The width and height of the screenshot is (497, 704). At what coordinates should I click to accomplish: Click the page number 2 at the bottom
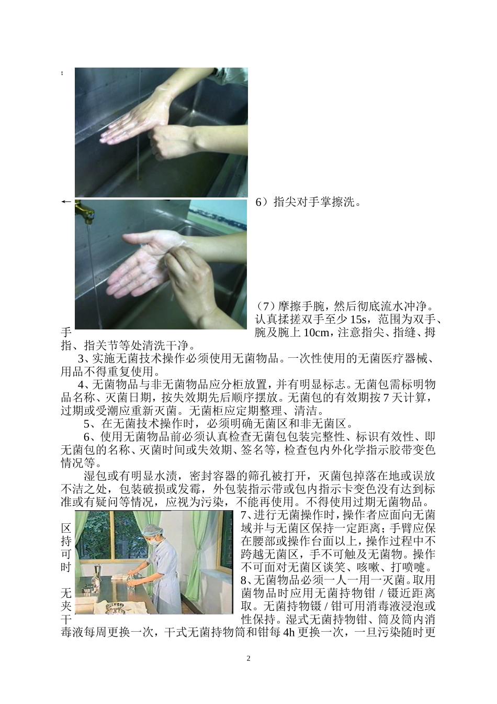click(x=249, y=658)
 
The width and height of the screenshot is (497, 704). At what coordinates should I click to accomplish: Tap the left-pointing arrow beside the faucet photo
click(x=66, y=202)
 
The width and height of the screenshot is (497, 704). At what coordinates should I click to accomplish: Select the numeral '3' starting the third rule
click(x=80, y=359)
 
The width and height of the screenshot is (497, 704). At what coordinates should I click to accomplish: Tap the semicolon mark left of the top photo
click(x=63, y=73)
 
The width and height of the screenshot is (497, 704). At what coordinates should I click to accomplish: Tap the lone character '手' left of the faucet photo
click(x=66, y=332)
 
